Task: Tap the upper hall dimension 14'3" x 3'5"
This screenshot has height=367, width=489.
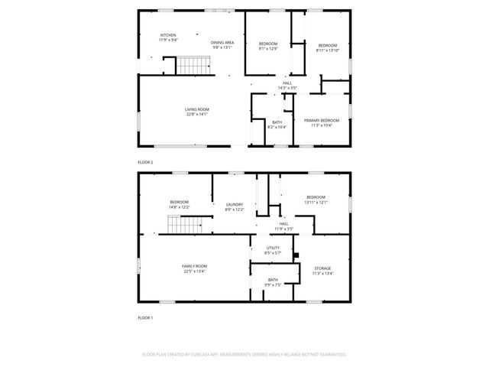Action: pos(287,88)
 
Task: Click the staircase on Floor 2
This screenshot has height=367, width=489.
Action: pos(186,67)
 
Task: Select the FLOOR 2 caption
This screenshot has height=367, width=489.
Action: pos(145,162)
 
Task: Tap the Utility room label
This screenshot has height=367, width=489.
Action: pos(273,250)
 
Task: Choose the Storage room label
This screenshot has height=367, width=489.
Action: pos(322,271)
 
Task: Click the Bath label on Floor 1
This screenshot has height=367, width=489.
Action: pos(273,282)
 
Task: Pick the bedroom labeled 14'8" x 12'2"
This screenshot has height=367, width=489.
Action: pos(179,204)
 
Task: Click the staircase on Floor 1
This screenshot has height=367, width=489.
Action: pos(183,226)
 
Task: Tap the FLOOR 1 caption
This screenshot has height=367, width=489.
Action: pos(145,317)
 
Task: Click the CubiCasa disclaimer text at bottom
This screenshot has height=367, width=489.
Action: pos(244,354)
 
